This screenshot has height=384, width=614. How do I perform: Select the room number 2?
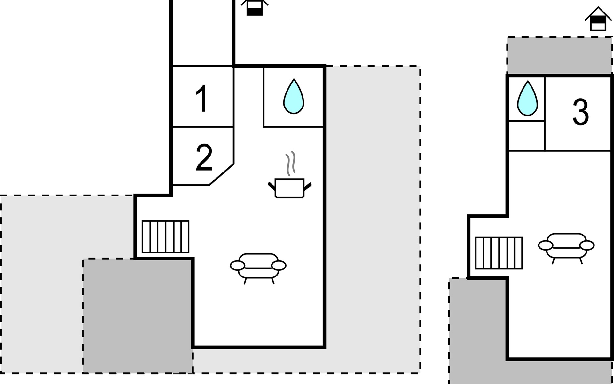click(204, 157)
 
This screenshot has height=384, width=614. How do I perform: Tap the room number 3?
click(580, 112)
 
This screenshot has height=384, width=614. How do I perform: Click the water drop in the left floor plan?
click(294, 97)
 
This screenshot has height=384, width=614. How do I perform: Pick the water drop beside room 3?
click(527, 98)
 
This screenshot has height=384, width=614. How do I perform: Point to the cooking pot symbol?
click(289, 188)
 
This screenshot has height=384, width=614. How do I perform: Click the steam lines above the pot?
click(290, 163)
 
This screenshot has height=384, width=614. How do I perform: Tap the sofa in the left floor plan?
click(258, 266)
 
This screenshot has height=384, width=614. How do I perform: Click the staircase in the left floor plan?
click(165, 237)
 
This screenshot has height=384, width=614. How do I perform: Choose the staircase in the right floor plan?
click(499, 253)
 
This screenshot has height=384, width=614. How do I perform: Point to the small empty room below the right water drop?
click(526, 135)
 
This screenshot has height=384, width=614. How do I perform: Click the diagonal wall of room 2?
click(222, 174)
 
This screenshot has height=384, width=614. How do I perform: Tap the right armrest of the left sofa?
click(279, 265)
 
